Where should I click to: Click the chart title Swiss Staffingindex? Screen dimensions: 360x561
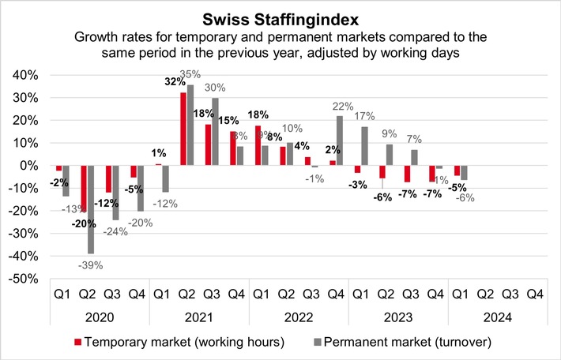click(280, 17)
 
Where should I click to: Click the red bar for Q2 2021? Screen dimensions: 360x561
click(183, 129)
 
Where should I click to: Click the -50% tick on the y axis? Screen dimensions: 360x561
click(25, 279)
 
